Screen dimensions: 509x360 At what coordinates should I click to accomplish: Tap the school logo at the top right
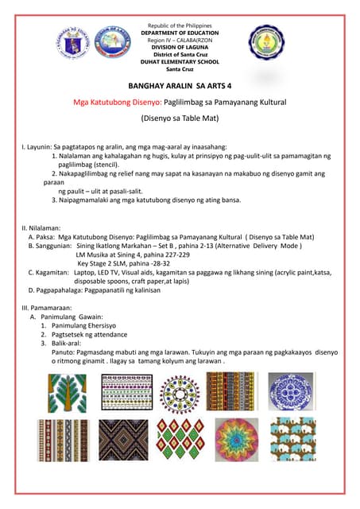point(265,45)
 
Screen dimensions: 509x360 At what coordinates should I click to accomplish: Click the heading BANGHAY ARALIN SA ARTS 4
point(179,86)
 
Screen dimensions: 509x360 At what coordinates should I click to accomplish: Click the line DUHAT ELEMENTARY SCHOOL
point(179,62)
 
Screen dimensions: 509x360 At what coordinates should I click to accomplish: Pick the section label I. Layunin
point(36,147)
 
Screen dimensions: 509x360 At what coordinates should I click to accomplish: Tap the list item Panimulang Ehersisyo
point(84,326)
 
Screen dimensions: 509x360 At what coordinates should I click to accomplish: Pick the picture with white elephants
point(292,439)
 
